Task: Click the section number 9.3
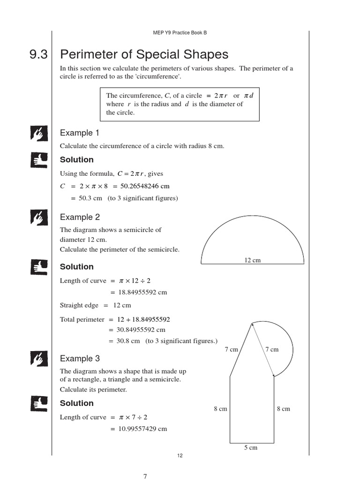tap(38, 55)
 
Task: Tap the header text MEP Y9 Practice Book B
tap(180, 33)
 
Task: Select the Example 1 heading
tap(80, 133)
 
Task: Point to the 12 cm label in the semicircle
tap(252, 260)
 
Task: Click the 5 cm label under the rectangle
tap(251, 448)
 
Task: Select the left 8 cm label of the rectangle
tap(220, 409)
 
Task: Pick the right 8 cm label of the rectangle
tap(284, 409)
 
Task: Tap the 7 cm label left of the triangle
tap(232, 349)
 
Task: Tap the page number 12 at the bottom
tap(180, 456)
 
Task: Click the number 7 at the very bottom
tap(145, 476)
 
